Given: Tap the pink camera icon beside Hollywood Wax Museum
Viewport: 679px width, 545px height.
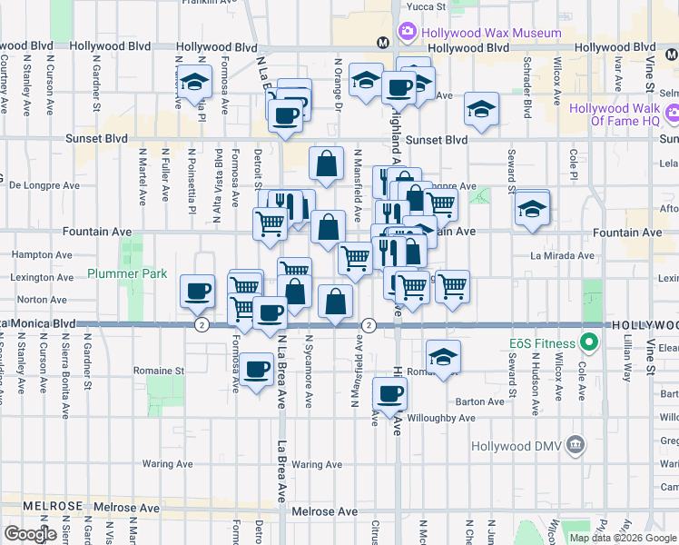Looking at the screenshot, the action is click(x=408, y=33).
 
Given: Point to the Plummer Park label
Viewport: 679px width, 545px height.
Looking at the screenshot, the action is click(x=123, y=273).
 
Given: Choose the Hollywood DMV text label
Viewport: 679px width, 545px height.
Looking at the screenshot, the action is click(x=516, y=446).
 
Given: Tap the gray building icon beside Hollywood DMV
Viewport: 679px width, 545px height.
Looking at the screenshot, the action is click(x=575, y=445).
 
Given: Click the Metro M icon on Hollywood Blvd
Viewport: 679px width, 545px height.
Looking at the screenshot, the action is click(x=383, y=42).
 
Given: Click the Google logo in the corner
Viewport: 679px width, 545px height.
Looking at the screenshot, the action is click(x=30, y=534).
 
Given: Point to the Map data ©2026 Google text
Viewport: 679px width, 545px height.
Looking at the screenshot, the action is click(x=623, y=538).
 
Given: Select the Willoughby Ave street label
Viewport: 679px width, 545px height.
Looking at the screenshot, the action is click(x=443, y=418).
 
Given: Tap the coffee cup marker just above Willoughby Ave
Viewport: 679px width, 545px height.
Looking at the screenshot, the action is click(x=390, y=394).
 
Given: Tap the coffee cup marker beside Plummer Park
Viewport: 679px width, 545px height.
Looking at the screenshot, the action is click(x=197, y=292).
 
